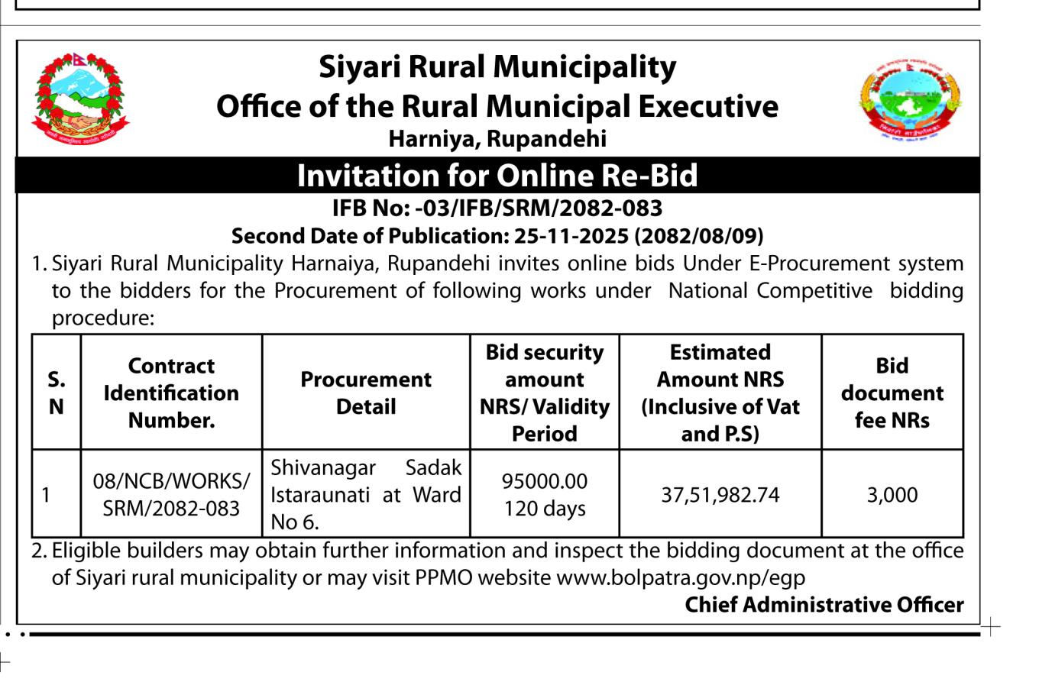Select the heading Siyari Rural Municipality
tap(497, 67)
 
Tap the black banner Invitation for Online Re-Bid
tap(497, 176)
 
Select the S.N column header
tap(57, 393)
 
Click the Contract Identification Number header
tap(171, 393)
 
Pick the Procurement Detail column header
tap(366, 393)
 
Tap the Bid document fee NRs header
tap(892, 393)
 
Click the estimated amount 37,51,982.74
tap(720, 495)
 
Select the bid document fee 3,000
tap(892, 495)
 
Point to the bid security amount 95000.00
tap(545, 481)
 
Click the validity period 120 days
tap(545, 509)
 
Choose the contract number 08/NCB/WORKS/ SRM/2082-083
tap(171, 495)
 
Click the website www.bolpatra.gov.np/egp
tap(681, 577)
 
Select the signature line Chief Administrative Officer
tap(824, 605)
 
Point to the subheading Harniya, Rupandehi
tap(497, 139)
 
